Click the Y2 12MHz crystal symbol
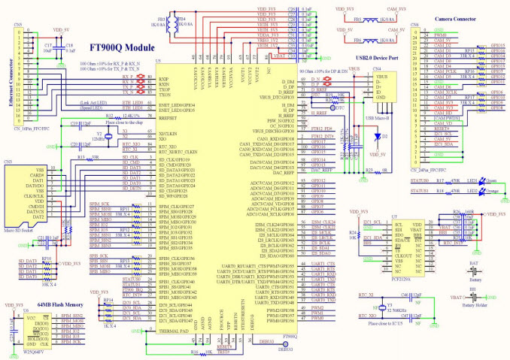pos(109,136)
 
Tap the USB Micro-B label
pos(376,118)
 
